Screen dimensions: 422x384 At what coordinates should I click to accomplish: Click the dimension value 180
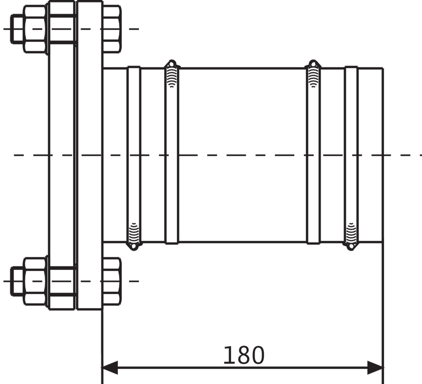pos(244,356)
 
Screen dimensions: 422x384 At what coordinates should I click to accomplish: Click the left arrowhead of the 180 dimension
pos(110,368)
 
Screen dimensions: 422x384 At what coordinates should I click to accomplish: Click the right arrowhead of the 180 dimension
pos(375,368)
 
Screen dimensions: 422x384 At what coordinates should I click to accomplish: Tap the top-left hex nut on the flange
pos(35,29)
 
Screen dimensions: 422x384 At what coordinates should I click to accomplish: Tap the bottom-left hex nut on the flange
pos(35,281)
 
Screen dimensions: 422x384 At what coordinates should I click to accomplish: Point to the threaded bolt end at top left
pos(17,29)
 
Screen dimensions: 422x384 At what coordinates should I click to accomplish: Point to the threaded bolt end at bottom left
pos(17,281)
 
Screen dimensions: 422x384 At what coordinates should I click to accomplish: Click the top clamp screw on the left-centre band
pos(172,73)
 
